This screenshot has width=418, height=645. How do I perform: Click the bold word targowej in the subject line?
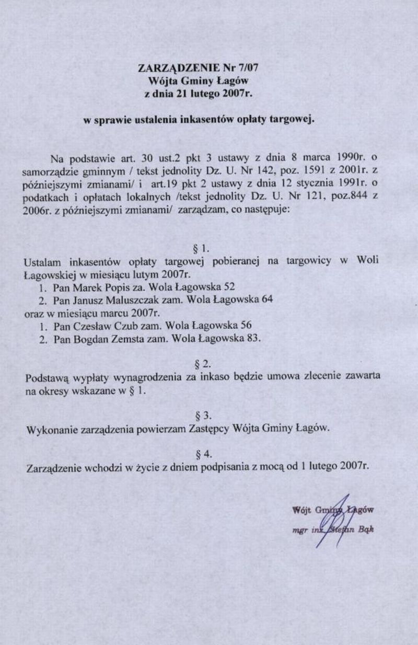292,120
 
